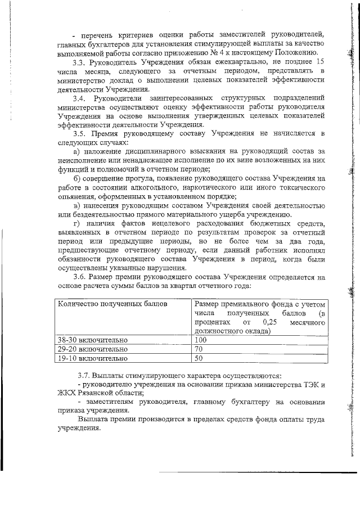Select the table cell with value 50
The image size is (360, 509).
coord(199,358)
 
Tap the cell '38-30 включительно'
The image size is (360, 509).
coord(93,340)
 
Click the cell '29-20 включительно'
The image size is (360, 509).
coord(93,349)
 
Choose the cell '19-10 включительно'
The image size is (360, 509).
coord(93,358)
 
